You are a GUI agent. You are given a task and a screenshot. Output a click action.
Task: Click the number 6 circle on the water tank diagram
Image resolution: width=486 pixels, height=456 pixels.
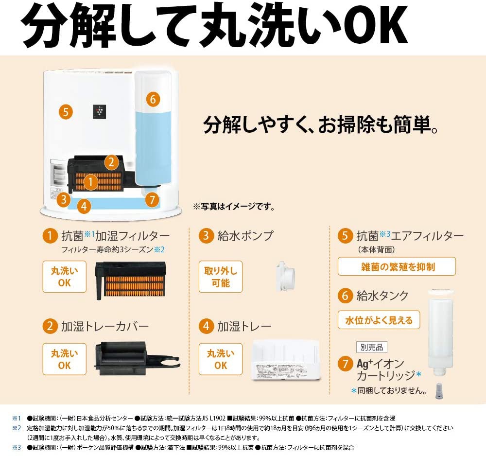(152, 99)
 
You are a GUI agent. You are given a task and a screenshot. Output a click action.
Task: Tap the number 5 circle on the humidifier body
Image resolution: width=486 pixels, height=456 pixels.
(66, 112)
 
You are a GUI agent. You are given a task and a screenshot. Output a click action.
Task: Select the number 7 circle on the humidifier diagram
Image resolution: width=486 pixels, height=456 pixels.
(152, 199)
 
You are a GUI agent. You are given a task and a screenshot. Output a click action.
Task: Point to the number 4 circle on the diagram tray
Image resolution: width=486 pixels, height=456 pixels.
(84, 206)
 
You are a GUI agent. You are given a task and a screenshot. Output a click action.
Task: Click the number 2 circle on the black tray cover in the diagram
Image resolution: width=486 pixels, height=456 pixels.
(111, 162)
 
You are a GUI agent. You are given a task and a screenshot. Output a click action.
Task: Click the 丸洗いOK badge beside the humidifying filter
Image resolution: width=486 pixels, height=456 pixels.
(64, 277)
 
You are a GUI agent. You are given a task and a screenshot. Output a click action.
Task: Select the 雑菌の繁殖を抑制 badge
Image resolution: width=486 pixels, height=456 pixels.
(397, 266)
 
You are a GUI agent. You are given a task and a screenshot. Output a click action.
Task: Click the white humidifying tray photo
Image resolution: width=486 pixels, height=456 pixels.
(285, 359)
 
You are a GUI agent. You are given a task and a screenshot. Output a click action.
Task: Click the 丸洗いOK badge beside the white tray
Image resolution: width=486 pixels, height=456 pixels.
(220, 359)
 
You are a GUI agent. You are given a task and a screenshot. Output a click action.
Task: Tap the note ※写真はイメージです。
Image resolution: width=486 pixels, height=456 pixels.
(234, 207)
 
